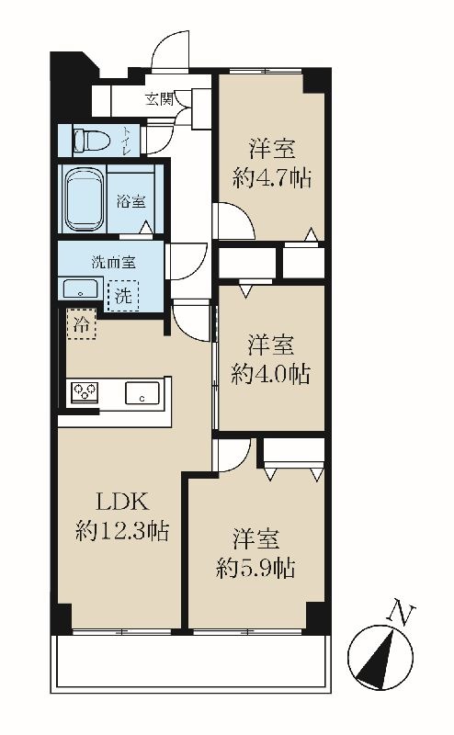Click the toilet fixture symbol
(x=92, y=141)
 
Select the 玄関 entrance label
(x=160, y=99)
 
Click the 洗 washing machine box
(x=123, y=295)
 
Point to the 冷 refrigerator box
(x=82, y=324)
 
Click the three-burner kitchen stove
(x=85, y=392)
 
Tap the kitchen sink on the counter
(x=142, y=393)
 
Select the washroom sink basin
(x=81, y=288)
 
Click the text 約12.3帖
(x=122, y=532)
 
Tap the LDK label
(x=123, y=502)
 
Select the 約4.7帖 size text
(x=273, y=178)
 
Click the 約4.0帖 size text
(x=270, y=374)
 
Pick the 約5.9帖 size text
(x=256, y=568)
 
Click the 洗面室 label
(x=114, y=262)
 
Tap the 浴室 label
(x=131, y=201)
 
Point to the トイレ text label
(x=128, y=140)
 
